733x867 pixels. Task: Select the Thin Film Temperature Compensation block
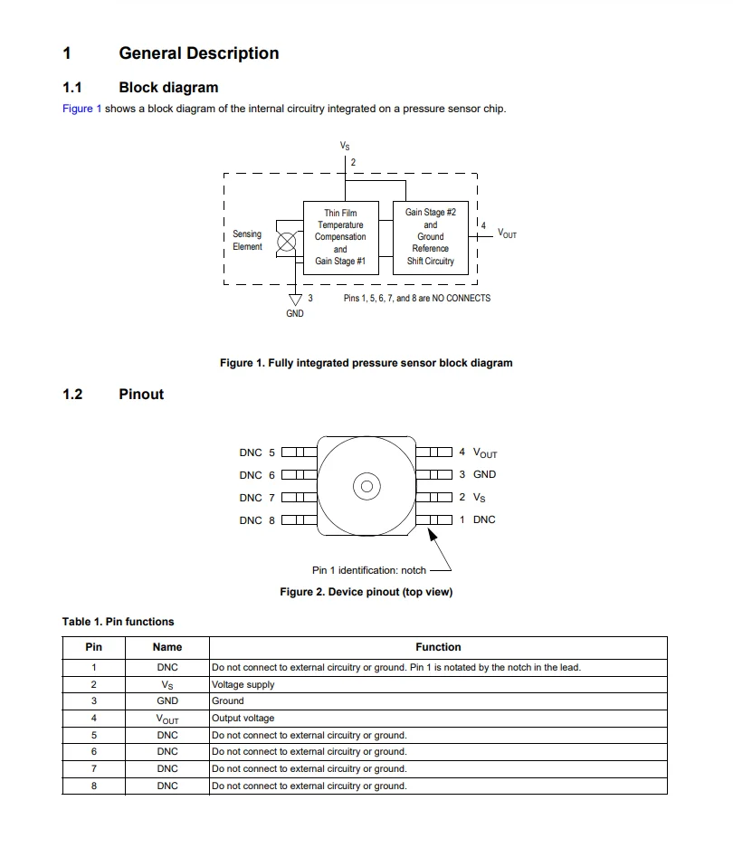(340, 237)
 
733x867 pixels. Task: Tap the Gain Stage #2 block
(430, 237)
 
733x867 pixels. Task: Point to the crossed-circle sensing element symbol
(287, 241)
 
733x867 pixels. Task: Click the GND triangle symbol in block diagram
(294, 299)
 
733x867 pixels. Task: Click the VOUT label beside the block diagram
(507, 233)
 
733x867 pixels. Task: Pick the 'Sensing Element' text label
(247, 240)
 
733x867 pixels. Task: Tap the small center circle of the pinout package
(366, 486)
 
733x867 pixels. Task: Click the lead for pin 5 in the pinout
(299, 452)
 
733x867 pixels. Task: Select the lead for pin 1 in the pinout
(433, 519)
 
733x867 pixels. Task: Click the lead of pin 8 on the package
(299, 519)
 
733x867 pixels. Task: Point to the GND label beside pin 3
(484, 474)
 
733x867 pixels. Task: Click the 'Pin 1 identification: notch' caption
(368, 570)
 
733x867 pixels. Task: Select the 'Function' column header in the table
(438, 647)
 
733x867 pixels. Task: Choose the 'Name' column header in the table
(167, 647)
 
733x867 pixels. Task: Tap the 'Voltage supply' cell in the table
(243, 684)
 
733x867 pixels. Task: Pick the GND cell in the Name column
(167, 700)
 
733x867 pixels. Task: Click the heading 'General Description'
(198, 53)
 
